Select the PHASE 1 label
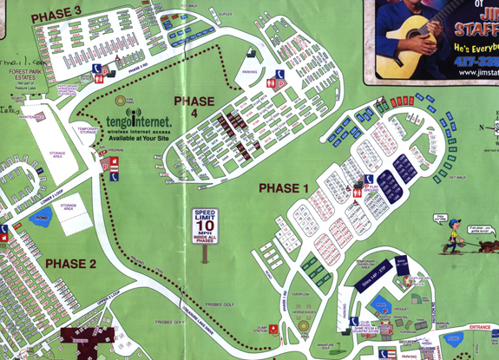pos(284,187)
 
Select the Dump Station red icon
pos(272,329)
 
